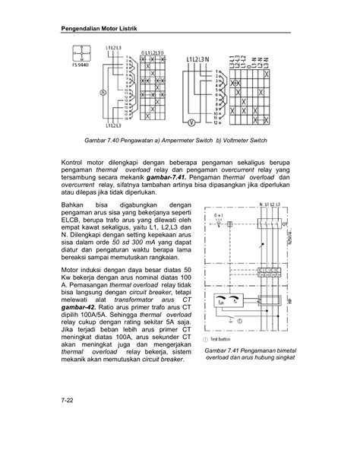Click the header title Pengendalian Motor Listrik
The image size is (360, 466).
click(x=103, y=30)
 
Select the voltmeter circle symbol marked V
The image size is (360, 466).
click(x=191, y=122)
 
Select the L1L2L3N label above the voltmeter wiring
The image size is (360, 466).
click(x=201, y=59)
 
